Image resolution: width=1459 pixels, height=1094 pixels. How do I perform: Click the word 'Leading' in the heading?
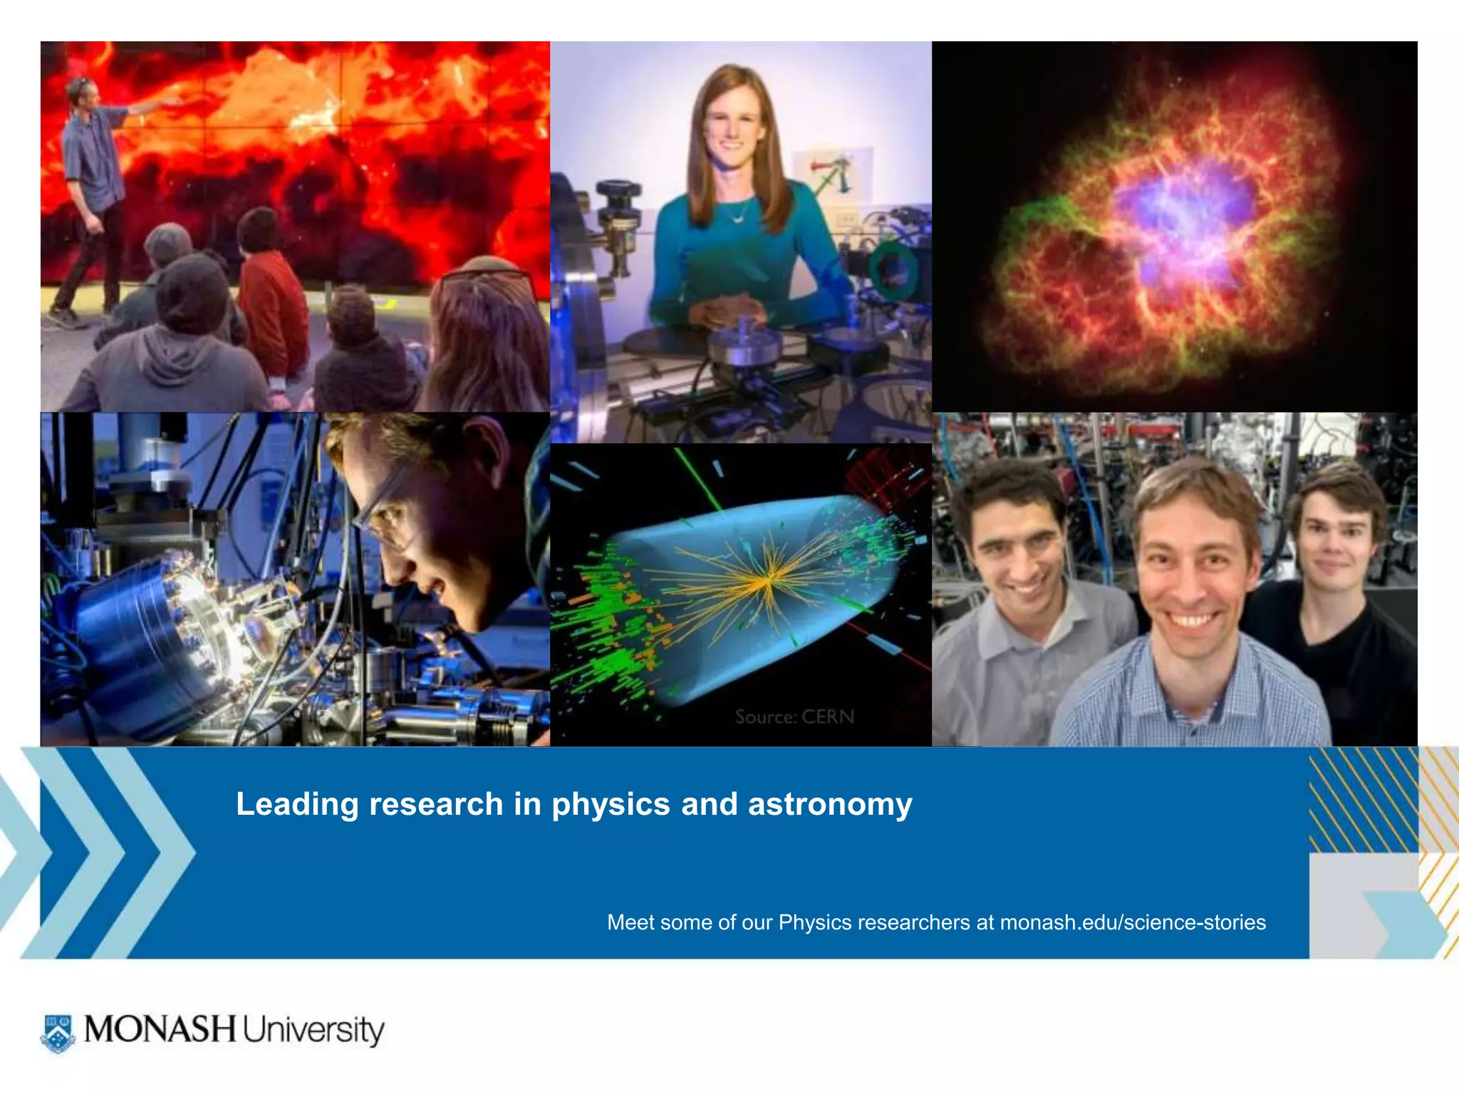(297, 804)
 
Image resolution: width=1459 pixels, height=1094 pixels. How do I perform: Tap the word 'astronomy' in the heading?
(830, 804)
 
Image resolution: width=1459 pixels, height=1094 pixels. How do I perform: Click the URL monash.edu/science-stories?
(1133, 922)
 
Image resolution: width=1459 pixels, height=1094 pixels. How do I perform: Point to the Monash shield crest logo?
(58, 1032)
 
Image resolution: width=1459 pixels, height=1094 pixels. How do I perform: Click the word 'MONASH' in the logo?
(160, 1029)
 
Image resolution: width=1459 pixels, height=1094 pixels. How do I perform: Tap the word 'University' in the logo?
(313, 1031)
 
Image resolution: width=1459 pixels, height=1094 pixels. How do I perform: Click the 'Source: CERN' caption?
(794, 717)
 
